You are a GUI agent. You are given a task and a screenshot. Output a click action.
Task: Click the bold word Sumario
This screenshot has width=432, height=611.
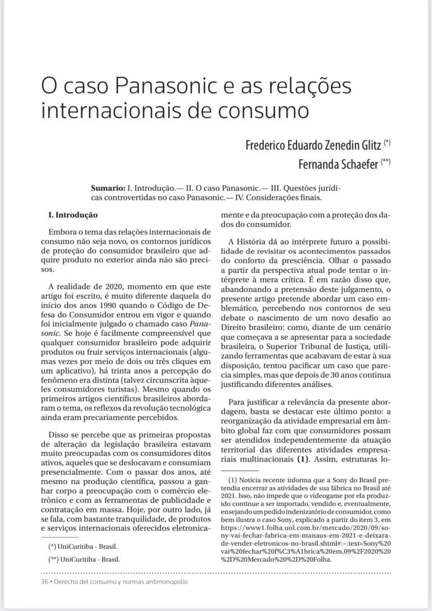(x=107, y=186)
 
